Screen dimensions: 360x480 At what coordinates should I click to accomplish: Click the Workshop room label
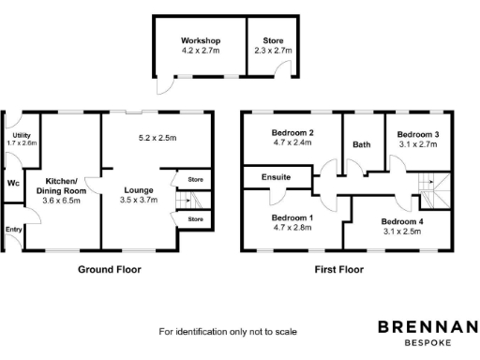(201, 41)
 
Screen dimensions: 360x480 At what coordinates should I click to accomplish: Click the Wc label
(12, 183)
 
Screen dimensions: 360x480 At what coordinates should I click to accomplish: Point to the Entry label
(13, 228)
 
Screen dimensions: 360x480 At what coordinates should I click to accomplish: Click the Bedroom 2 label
(292, 133)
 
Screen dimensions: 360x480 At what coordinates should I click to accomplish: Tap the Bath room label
(362, 145)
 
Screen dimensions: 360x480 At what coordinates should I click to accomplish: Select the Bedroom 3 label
(417, 134)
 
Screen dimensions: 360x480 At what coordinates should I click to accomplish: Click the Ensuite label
(277, 176)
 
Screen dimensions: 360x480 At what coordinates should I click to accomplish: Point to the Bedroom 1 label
(292, 217)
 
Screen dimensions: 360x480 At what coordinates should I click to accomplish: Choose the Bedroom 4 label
(402, 222)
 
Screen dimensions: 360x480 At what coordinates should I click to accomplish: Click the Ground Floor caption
(111, 270)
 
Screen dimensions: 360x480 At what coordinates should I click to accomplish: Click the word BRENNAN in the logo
(427, 327)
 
